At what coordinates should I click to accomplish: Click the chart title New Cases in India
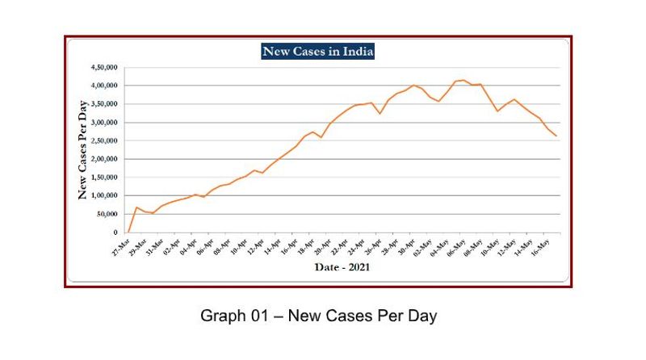[x=317, y=52]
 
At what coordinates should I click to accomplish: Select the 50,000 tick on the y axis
[x=107, y=215]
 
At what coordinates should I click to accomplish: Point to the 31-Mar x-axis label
[x=155, y=245]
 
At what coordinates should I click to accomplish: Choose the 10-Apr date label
[x=240, y=245]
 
